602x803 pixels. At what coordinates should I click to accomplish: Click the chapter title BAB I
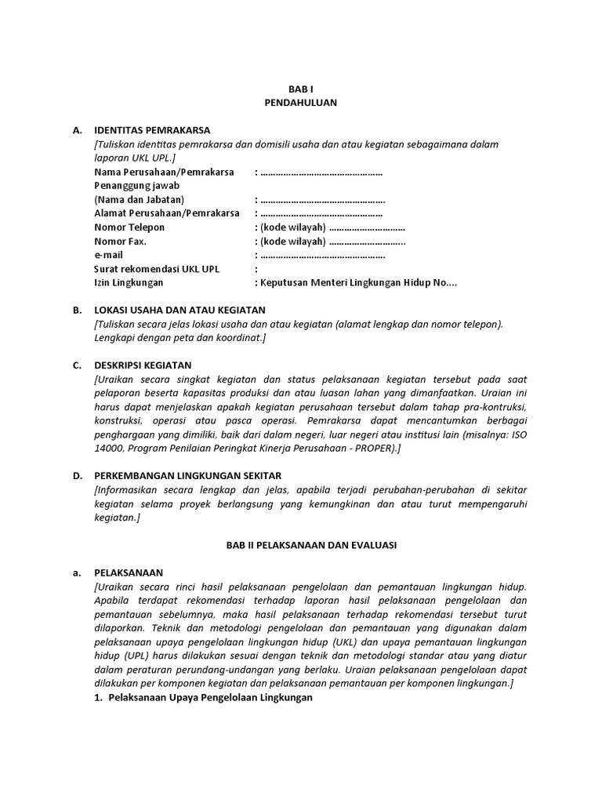click(301, 89)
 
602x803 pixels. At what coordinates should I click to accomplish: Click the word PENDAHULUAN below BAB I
click(301, 103)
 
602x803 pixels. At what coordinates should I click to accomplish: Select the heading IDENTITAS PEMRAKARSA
click(152, 130)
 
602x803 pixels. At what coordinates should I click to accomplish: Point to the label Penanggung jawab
click(136, 185)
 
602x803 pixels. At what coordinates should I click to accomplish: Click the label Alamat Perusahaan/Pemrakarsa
click(166, 213)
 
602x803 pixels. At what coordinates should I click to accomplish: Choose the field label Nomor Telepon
click(130, 227)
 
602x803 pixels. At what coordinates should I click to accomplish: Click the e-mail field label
click(109, 256)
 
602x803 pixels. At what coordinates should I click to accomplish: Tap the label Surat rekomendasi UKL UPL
click(157, 269)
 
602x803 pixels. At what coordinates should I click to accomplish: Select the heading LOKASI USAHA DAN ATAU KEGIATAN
click(180, 310)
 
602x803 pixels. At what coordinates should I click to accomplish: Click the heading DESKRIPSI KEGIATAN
click(142, 365)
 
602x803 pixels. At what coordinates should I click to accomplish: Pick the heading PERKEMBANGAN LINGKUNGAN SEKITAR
click(187, 476)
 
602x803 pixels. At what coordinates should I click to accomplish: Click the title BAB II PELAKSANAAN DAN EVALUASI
click(301, 545)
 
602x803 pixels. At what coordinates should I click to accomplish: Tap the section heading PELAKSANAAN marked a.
click(129, 572)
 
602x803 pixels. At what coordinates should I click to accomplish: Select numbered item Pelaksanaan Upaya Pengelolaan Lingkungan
click(210, 698)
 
